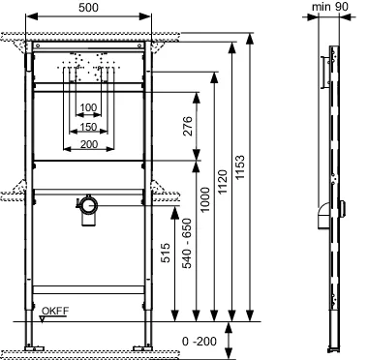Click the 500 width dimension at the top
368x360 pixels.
click(x=89, y=8)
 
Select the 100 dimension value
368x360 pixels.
click(x=89, y=107)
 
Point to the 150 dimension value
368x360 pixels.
click(x=89, y=126)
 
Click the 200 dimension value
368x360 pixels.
click(x=89, y=143)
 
